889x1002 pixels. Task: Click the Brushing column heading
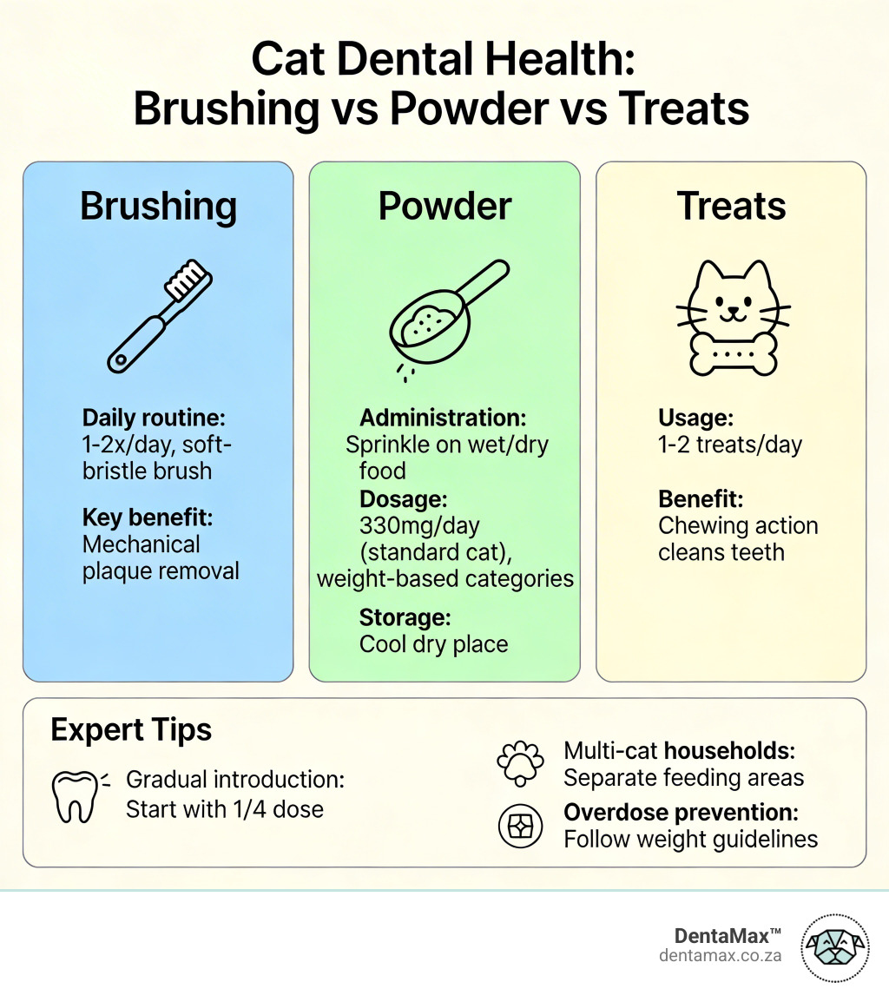[158, 208]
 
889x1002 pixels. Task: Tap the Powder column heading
[444, 208]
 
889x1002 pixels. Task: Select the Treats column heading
[731, 208]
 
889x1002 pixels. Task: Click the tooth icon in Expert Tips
[75, 795]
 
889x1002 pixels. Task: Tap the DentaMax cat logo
[833, 947]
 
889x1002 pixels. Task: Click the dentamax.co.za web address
[720, 955]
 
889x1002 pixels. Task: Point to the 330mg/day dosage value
[419, 525]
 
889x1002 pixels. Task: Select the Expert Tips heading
[131, 729]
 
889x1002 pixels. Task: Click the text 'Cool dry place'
[433, 644]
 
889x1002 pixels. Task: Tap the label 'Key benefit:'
[148, 517]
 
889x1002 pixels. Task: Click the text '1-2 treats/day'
[730, 445]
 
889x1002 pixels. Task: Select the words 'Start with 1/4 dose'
[225, 809]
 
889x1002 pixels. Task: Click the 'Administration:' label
[443, 418]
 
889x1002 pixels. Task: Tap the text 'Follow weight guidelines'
[691, 839]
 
